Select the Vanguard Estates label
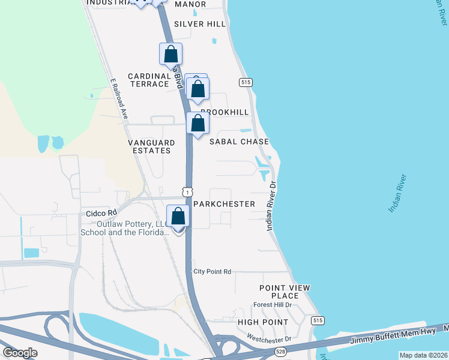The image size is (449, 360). [x=151, y=146]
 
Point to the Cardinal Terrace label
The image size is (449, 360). [x=149, y=80]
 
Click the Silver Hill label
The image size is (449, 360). [x=200, y=24]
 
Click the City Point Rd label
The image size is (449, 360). [x=212, y=272]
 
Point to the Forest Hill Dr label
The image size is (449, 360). [x=272, y=305]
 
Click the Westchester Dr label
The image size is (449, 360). [x=268, y=340]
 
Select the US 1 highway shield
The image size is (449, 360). [x=188, y=192]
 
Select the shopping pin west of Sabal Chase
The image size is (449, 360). [x=197, y=124]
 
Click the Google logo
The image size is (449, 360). [x=20, y=353]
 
